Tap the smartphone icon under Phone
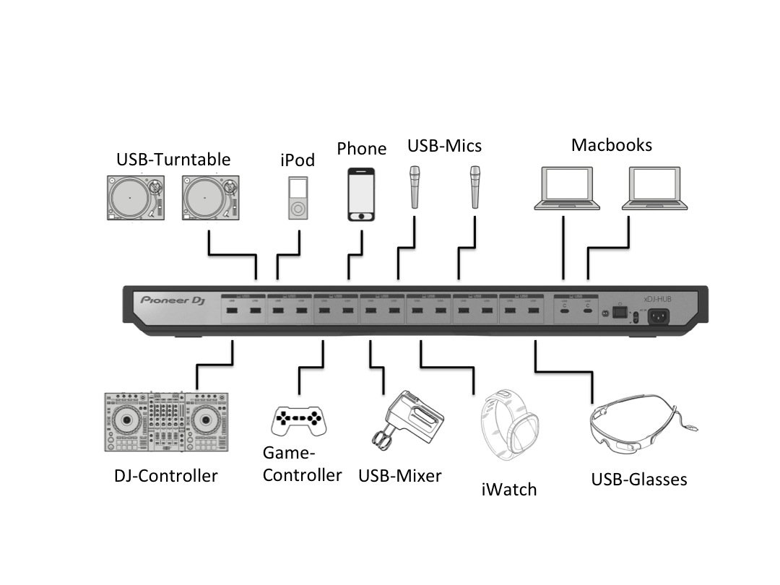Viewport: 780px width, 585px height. (x=362, y=195)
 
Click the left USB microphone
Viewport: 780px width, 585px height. (x=415, y=187)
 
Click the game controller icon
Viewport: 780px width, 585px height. (x=298, y=419)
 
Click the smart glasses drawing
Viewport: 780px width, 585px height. (x=636, y=427)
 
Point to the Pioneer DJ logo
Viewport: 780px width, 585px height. (x=174, y=300)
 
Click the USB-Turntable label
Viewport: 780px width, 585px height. (x=173, y=159)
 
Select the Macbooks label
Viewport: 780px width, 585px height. (x=612, y=144)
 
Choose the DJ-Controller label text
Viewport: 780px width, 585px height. (x=165, y=476)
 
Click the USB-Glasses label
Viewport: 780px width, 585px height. (x=639, y=479)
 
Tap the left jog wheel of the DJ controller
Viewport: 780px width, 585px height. (x=126, y=420)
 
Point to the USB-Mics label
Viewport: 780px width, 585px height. (x=444, y=146)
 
